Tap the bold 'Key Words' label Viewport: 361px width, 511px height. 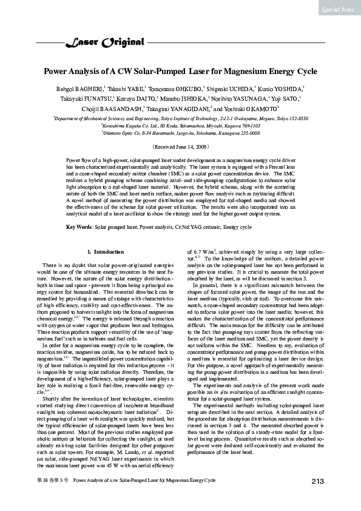pyautogui.click(x=79, y=227)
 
